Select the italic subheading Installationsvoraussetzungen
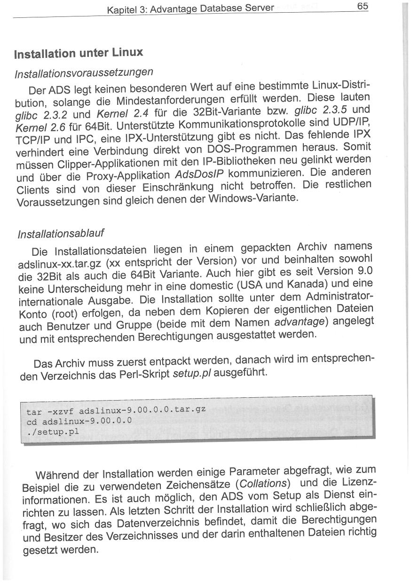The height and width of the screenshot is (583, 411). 84,72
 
